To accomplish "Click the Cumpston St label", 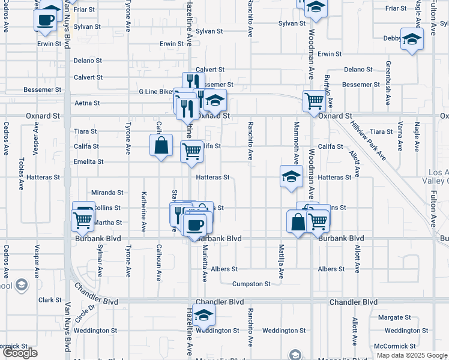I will tap(252, 284).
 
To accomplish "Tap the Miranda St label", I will tap(107, 193).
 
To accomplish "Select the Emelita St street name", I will tap(89, 162).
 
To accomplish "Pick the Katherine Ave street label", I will tap(144, 212).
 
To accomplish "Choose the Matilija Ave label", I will tap(281, 261).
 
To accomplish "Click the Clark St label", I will tap(50, 300).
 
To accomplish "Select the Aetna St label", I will tap(83, 103).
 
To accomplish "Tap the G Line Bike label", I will tap(155, 92).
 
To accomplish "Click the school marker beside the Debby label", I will tap(412, 40).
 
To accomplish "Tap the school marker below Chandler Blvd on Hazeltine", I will tap(204, 315).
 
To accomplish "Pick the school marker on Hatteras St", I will tap(291, 177).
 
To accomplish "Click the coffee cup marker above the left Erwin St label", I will tap(45, 19).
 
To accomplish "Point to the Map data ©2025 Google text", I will tap(412, 355).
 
